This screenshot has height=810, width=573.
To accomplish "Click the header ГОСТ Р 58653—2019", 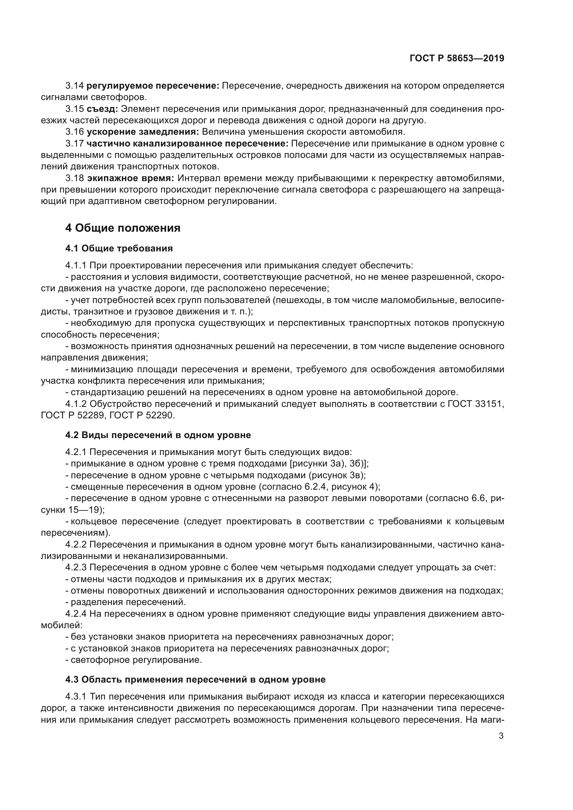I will tap(457, 58).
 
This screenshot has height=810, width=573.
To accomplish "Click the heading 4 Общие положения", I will tap(123, 228).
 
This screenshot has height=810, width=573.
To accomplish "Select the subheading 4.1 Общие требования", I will tap(119, 248).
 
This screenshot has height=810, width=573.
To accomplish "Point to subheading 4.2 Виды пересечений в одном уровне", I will tap(158, 435).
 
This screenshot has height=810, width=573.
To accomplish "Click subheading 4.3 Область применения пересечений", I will tap(195, 679).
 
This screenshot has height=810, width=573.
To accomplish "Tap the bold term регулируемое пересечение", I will tap(153, 86).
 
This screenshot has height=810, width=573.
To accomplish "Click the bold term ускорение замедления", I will tap(143, 132).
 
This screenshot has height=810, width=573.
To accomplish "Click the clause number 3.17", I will tap(74, 144).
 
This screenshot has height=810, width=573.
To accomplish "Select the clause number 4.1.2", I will tap(76, 403).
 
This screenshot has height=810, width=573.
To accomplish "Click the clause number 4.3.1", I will tap(76, 697).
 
